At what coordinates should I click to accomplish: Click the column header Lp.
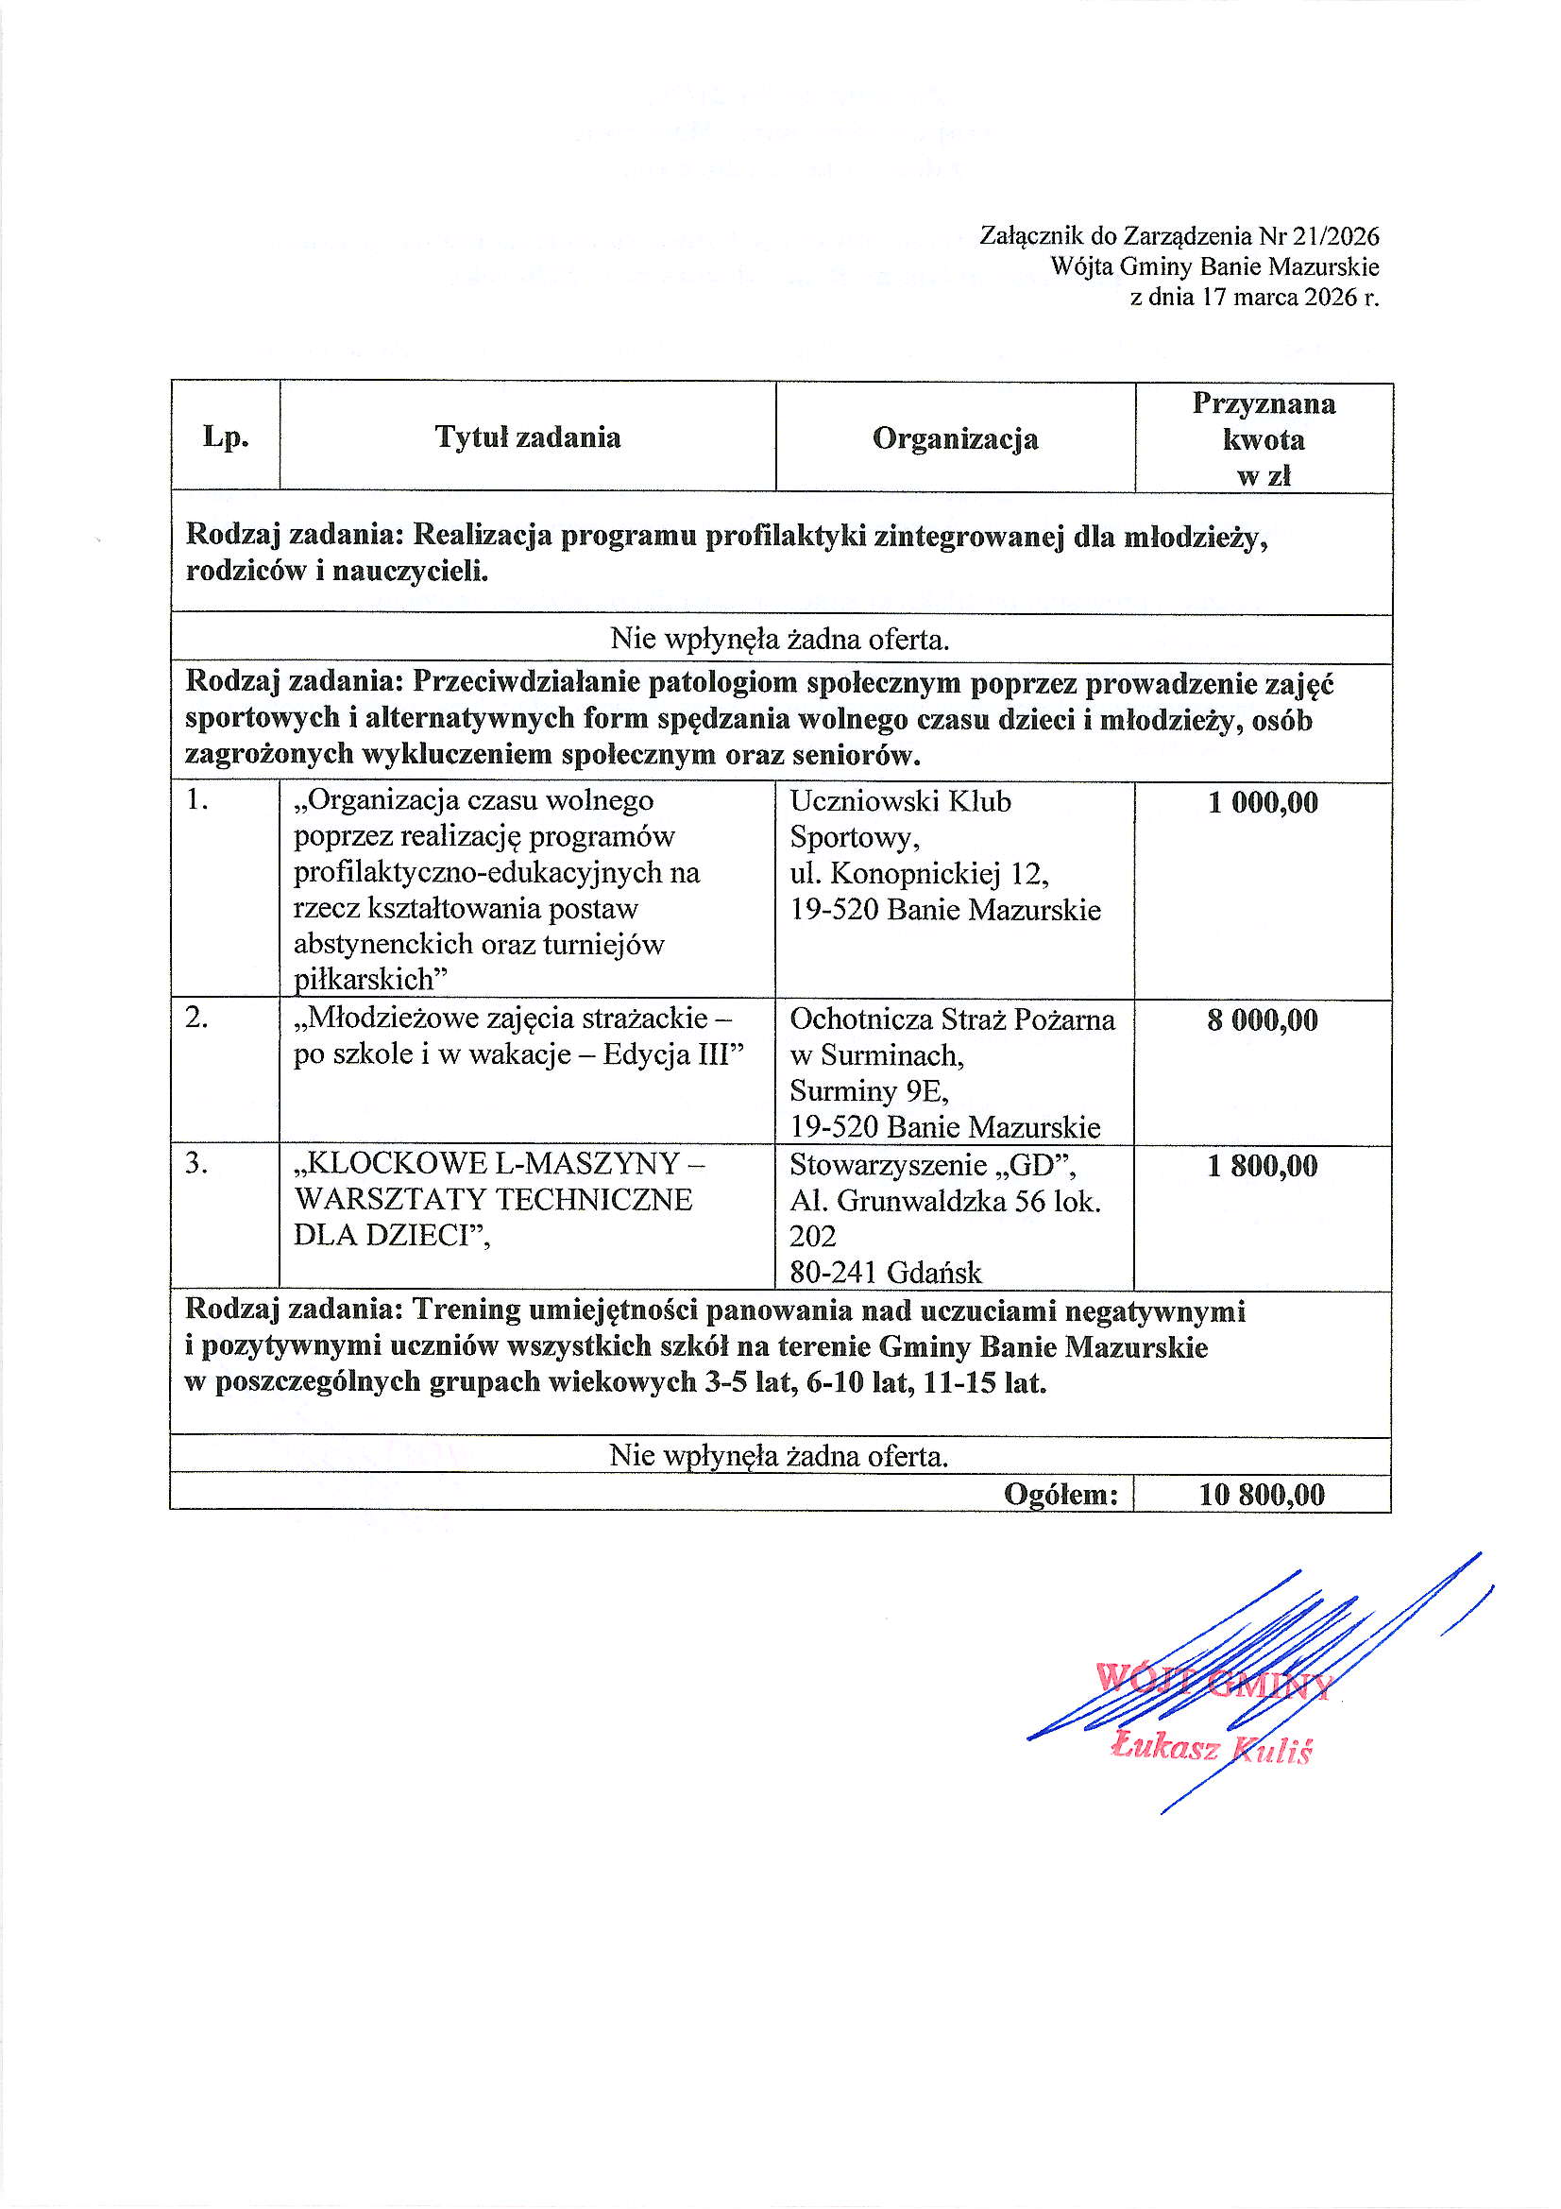click(x=225, y=437)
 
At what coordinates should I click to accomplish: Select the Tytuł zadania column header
click(x=527, y=437)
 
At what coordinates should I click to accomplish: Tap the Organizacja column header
click(x=954, y=438)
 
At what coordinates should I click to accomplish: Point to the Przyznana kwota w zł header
click(x=1263, y=438)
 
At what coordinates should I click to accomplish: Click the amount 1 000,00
click(x=1262, y=802)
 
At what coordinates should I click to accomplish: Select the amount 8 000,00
click(x=1262, y=1019)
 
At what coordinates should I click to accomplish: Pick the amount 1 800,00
click(x=1262, y=1166)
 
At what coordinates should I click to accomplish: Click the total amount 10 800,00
click(x=1261, y=1494)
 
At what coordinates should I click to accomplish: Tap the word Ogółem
click(x=1061, y=1494)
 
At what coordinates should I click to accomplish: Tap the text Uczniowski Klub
click(x=899, y=801)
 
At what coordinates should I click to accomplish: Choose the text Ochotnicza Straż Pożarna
click(x=951, y=1019)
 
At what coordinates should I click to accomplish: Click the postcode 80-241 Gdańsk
click(x=885, y=1273)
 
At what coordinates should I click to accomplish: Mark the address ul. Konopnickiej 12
click(x=919, y=874)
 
